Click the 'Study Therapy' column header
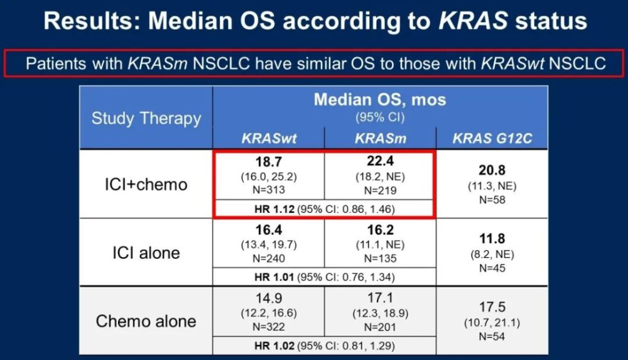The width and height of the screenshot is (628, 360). [x=146, y=118]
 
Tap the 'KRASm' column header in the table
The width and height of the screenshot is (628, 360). [x=379, y=138]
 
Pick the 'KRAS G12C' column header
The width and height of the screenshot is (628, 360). [x=492, y=138]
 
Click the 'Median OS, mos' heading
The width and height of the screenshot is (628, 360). [x=379, y=100]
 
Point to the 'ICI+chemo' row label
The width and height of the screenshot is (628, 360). [x=146, y=183]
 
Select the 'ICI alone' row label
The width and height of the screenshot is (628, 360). [x=146, y=253]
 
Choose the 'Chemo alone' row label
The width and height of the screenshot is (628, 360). [x=146, y=321]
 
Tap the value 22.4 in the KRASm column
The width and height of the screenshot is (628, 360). [x=379, y=163]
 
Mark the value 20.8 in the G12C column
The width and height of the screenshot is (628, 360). [x=492, y=170]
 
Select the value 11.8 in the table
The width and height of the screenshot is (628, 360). [x=492, y=239]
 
